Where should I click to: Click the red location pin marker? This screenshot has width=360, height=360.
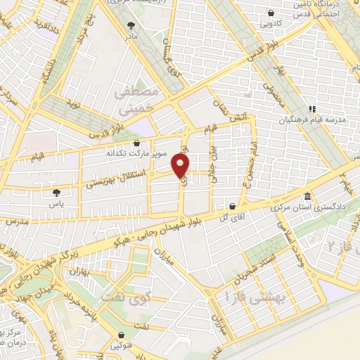181,166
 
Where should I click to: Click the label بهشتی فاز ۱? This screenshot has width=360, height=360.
252,296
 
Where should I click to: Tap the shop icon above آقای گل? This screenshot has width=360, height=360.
232,206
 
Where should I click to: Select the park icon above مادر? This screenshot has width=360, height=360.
131,22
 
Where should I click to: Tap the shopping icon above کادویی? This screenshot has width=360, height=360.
271,12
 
